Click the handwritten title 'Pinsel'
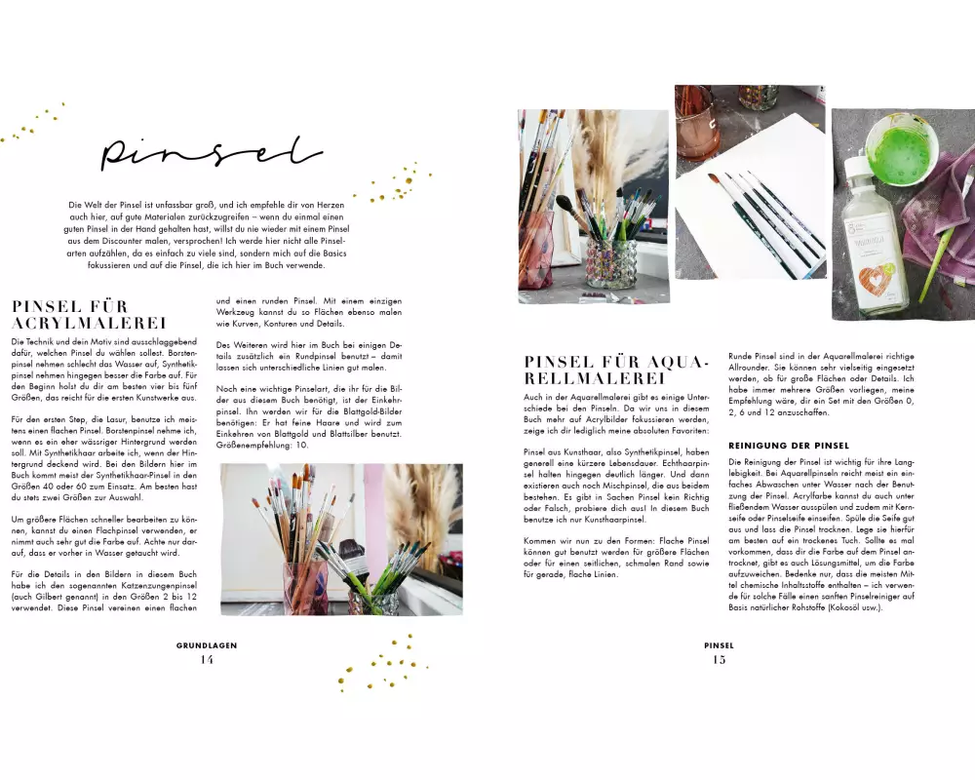[x=212, y=153]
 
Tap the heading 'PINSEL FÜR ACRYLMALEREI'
[x=89, y=315]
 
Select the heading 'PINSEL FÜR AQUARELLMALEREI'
[x=617, y=370]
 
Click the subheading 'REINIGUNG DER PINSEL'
[x=789, y=446]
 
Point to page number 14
[x=207, y=660]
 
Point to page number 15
[x=719, y=660]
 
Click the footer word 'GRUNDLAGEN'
[x=207, y=645]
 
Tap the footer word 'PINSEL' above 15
[x=719, y=645]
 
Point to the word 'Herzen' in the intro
[x=331, y=204]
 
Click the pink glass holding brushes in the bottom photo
[x=306, y=588]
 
